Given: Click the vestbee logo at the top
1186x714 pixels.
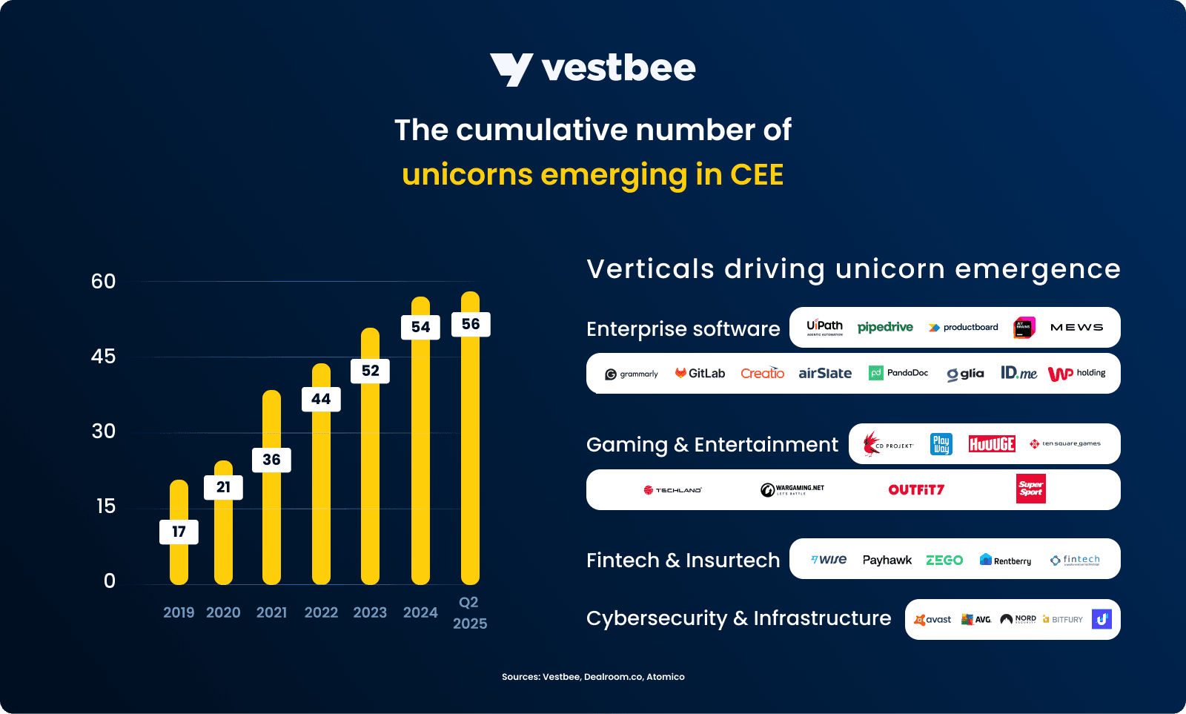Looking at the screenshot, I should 592,69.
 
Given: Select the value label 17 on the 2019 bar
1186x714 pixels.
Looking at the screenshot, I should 179,532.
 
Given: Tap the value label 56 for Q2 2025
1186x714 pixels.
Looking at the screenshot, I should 471,324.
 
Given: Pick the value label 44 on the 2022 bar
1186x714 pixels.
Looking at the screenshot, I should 321,399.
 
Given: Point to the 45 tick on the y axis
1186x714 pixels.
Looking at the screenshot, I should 103,357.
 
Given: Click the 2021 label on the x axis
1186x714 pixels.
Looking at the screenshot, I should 271,612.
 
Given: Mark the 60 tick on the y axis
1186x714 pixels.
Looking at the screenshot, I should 103,282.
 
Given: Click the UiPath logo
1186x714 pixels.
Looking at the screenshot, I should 824,327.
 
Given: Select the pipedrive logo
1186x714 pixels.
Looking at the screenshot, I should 885,327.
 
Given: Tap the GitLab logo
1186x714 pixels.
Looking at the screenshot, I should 700,373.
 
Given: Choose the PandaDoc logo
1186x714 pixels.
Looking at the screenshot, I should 898,373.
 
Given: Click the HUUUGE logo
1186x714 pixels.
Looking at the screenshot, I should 992,444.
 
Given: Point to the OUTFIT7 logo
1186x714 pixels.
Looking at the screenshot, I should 916,489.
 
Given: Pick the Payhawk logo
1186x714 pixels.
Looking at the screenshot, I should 887,560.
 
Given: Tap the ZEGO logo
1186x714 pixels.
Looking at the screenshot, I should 944,560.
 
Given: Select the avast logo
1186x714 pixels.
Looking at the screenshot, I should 932,619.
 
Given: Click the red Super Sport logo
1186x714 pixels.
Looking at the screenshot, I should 1030,489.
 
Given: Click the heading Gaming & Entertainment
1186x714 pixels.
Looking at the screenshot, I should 712,445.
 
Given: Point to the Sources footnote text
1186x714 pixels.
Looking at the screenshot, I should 593,677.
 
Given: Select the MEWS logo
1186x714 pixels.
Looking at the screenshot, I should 1076,327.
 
